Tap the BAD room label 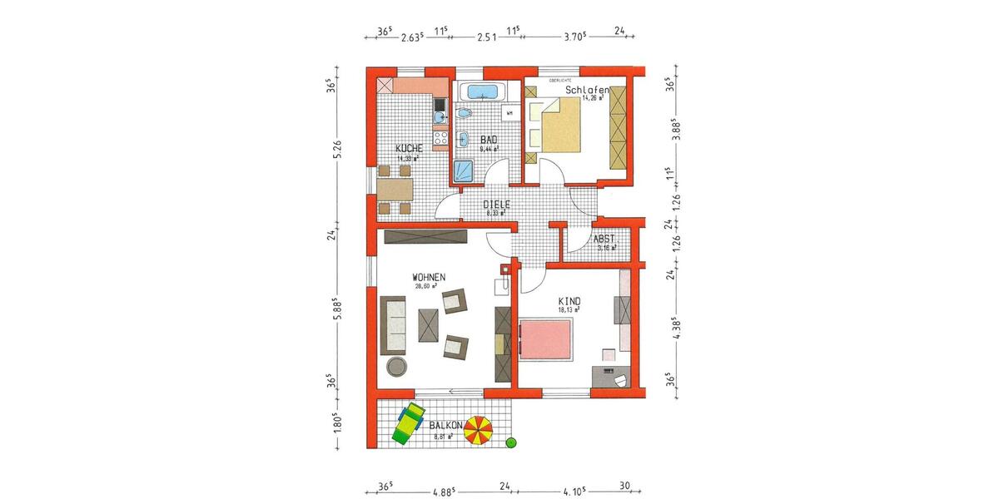click(x=489, y=141)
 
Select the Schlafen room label click(x=585, y=90)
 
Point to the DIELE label click(x=496, y=204)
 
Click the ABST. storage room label click(x=604, y=239)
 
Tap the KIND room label click(x=570, y=301)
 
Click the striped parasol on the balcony click(x=479, y=431)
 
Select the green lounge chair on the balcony click(x=408, y=423)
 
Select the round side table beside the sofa click(x=395, y=367)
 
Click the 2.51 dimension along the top click(x=486, y=37)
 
